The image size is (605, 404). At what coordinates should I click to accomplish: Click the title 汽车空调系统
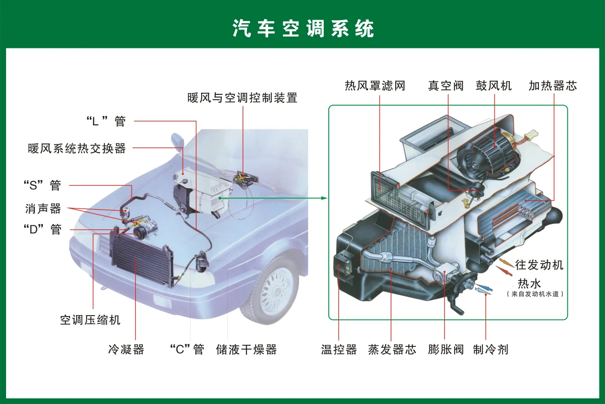tap(303, 28)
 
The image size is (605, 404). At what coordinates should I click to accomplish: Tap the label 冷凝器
tap(126, 349)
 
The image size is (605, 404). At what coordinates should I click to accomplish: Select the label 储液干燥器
tap(247, 349)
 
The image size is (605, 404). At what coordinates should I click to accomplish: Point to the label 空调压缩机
tap(90, 320)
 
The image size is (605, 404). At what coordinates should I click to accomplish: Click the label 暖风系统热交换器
tap(77, 148)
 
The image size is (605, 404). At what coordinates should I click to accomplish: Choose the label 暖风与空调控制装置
tap(243, 97)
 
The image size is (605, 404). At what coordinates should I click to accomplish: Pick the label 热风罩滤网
tap(375, 86)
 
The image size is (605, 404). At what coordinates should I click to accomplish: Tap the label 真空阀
tap(446, 86)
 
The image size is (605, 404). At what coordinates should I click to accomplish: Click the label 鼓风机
tap(494, 86)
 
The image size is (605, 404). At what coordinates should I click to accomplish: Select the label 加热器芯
tap(553, 86)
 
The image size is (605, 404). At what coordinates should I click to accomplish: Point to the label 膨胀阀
tap(446, 349)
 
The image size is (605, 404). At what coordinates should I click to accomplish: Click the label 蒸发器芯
tap(392, 349)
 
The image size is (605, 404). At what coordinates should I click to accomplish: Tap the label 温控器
tap(339, 349)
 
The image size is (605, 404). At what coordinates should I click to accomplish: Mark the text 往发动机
tap(539, 265)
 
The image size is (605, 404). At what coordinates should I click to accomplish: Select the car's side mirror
tap(177, 141)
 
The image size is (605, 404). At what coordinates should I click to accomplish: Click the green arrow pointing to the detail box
tap(273, 198)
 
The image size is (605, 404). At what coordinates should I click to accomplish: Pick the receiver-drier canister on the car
tap(202, 262)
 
